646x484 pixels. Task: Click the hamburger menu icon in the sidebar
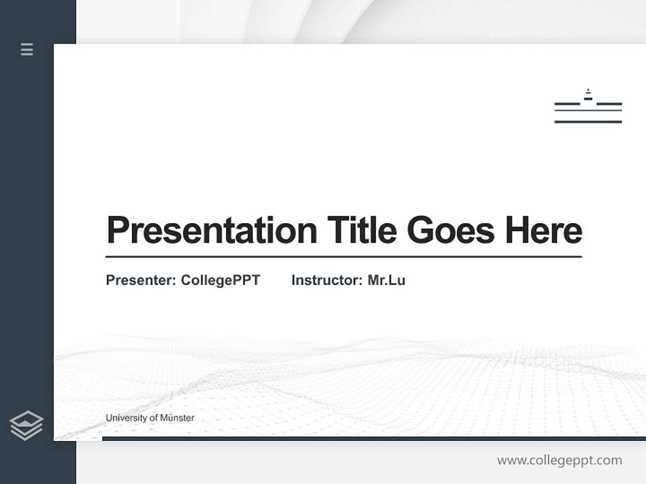[x=27, y=49]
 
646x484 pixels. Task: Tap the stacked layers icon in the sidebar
[x=26, y=426]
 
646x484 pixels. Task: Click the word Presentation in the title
[x=211, y=231]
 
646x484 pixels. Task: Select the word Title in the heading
[x=362, y=231]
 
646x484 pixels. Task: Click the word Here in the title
[x=544, y=231]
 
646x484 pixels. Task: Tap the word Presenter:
[x=141, y=280]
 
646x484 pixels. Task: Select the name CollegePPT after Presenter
[x=220, y=280]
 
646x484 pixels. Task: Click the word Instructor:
[x=326, y=280]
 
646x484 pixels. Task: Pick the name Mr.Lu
[x=386, y=280]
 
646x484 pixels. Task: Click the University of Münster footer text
[x=150, y=418]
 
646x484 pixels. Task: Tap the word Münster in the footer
[x=178, y=418]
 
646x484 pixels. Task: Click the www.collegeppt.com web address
[x=559, y=460]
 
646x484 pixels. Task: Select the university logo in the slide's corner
[x=588, y=108]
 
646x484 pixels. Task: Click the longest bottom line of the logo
[x=588, y=122]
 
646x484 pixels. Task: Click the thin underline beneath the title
[x=343, y=256]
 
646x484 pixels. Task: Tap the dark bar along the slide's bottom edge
[x=373, y=438]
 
